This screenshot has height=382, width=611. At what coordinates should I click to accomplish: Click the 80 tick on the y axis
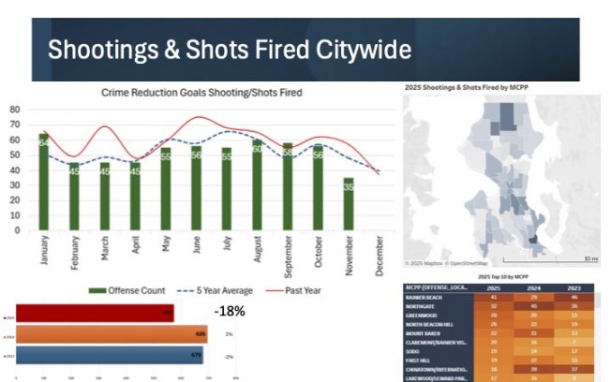click(x=15, y=109)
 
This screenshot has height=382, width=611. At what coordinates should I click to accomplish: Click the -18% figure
click(x=229, y=310)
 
